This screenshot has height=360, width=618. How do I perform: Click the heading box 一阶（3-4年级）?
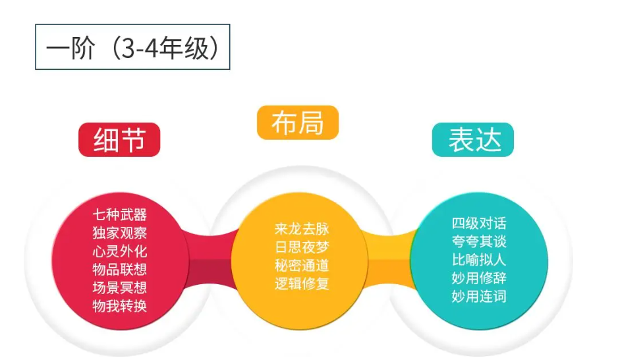coord(132,47)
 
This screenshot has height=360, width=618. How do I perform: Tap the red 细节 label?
coord(119,140)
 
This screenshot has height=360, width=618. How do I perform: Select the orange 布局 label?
coord(298,123)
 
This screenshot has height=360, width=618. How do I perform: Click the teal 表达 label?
coord(473,140)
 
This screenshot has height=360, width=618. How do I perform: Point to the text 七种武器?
coord(120,215)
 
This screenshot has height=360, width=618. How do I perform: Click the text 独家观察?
coord(120,233)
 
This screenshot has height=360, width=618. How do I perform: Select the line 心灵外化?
coord(120,251)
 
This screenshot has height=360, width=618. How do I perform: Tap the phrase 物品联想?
coord(120,269)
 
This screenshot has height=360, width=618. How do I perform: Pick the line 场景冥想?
coord(120,287)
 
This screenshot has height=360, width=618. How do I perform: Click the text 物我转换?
coord(120,305)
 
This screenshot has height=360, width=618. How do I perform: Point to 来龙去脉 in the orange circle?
coord(302,229)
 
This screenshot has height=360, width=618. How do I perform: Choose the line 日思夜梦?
coord(302,247)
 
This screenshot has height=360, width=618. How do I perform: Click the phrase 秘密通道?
coord(302,265)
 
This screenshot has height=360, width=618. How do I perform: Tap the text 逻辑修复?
coord(302,284)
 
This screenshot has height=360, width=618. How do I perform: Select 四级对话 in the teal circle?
coord(479,224)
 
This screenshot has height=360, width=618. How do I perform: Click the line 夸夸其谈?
coord(479,242)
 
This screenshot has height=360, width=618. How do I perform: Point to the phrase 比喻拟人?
coord(479,260)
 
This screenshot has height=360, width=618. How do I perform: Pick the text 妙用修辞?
coord(479,278)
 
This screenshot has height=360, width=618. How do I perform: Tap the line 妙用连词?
coord(479,296)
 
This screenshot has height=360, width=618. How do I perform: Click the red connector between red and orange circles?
coord(211,260)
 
